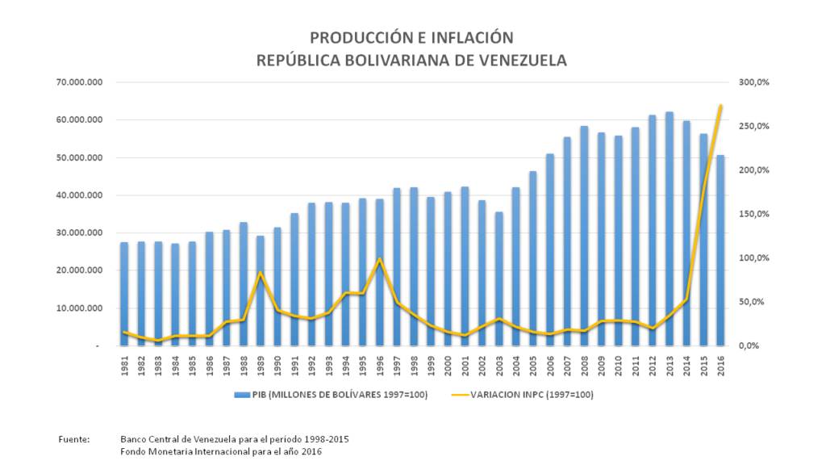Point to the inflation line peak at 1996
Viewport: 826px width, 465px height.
click(x=380, y=259)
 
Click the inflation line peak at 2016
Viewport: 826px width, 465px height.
click(x=720, y=106)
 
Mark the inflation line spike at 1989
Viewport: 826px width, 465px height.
click(x=261, y=273)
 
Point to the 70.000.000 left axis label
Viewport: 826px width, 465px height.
click(x=78, y=82)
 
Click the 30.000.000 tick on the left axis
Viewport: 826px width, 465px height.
click(x=78, y=232)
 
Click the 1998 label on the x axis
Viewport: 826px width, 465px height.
click(x=414, y=366)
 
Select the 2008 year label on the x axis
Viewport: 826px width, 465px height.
click(x=584, y=366)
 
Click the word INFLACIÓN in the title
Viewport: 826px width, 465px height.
click(x=471, y=37)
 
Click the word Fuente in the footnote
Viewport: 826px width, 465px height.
click(x=74, y=438)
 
